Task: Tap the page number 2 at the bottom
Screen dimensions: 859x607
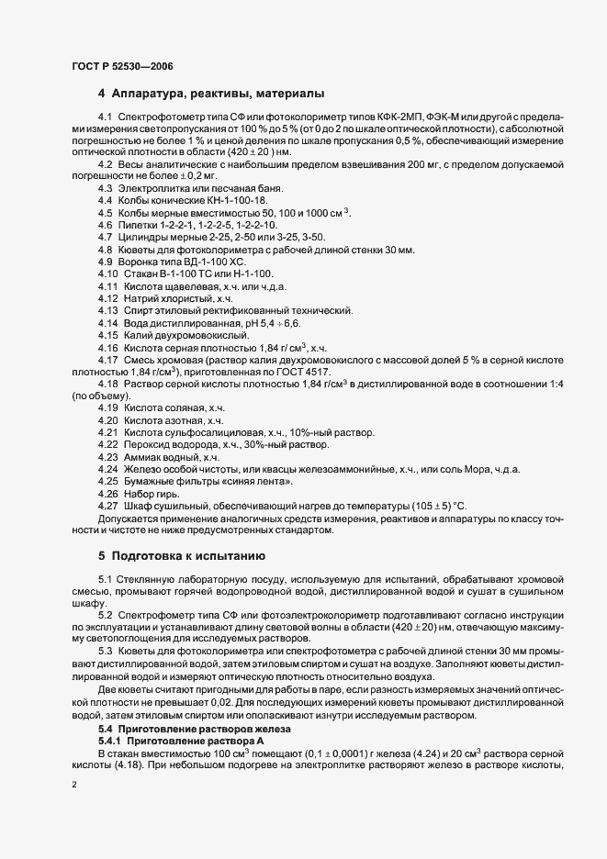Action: point(74,786)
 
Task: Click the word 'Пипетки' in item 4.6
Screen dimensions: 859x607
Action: point(138,225)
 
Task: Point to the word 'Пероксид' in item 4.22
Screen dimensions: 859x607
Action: point(144,445)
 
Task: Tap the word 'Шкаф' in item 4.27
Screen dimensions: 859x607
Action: point(137,506)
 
